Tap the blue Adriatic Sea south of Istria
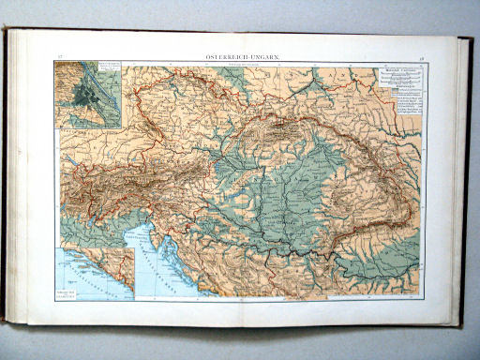tap(155, 272)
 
